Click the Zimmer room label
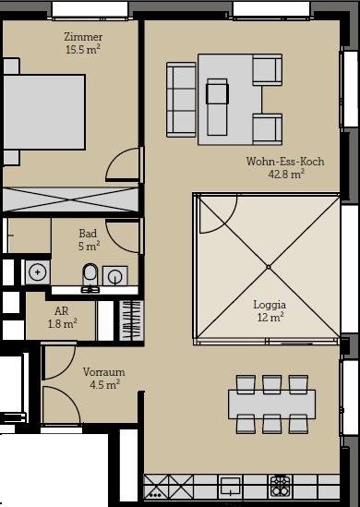(x=83, y=37)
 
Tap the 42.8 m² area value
(x=286, y=175)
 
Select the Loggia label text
(x=270, y=305)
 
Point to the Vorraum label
(x=103, y=372)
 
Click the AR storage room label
(x=62, y=311)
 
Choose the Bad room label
(x=88, y=233)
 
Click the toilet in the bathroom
(x=90, y=277)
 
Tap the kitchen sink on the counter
(x=230, y=487)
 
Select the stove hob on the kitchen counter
(x=281, y=487)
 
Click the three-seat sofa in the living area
(x=181, y=100)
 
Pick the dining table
(x=271, y=404)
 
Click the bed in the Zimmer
(x=44, y=112)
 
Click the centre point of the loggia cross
(x=269, y=267)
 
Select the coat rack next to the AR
(x=131, y=320)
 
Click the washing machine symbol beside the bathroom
(x=38, y=272)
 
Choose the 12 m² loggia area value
(x=270, y=317)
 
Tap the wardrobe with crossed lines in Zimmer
(x=70, y=199)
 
